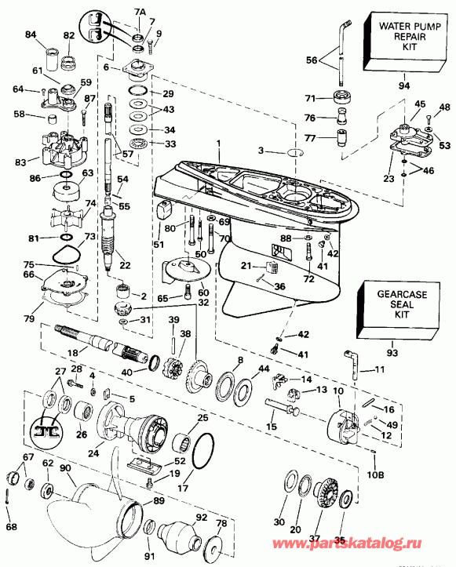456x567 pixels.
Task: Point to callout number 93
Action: click(x=391, y=343)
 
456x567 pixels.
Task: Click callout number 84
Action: click(x=31, y=35)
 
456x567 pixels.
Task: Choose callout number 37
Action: click(x=315, y=537)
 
